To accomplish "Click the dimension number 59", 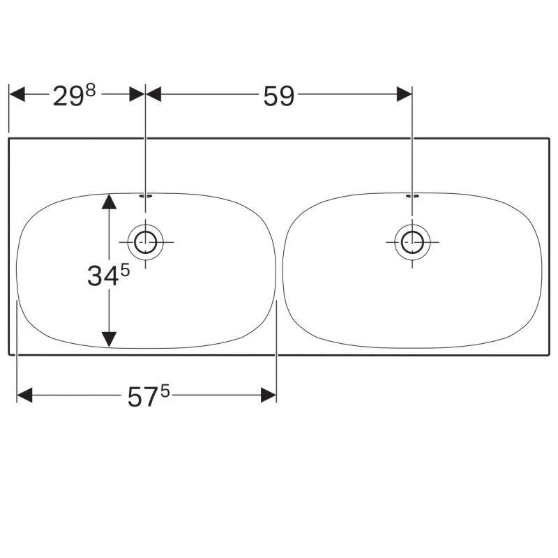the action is click(278, 96).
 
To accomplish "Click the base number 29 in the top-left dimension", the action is click(68, 96).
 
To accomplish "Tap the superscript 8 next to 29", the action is click(91, 91).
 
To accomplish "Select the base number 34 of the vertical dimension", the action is click(103, 276).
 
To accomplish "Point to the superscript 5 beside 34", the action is click(126, 271).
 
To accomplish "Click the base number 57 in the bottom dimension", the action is click(143, 397).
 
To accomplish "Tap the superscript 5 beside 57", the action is click(165, 392).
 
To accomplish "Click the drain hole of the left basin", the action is click(146, 242).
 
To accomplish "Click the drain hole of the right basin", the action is click(412, 242).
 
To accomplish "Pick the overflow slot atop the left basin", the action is click(146, 195).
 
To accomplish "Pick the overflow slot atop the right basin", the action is click(412, 195).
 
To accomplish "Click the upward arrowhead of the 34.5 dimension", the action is click(109, 201).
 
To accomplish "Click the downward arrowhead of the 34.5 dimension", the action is click(109, 339).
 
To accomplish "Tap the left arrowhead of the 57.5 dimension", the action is click(24, 395).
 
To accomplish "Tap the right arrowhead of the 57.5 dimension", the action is click(269, 395).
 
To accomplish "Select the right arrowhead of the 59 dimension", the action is click(405, 94).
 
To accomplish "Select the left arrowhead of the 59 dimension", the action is click(153, 94).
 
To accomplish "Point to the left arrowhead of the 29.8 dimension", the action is click(17, 94).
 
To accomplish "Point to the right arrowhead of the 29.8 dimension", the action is click(137, 94).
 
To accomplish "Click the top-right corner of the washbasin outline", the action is click(550, 138).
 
